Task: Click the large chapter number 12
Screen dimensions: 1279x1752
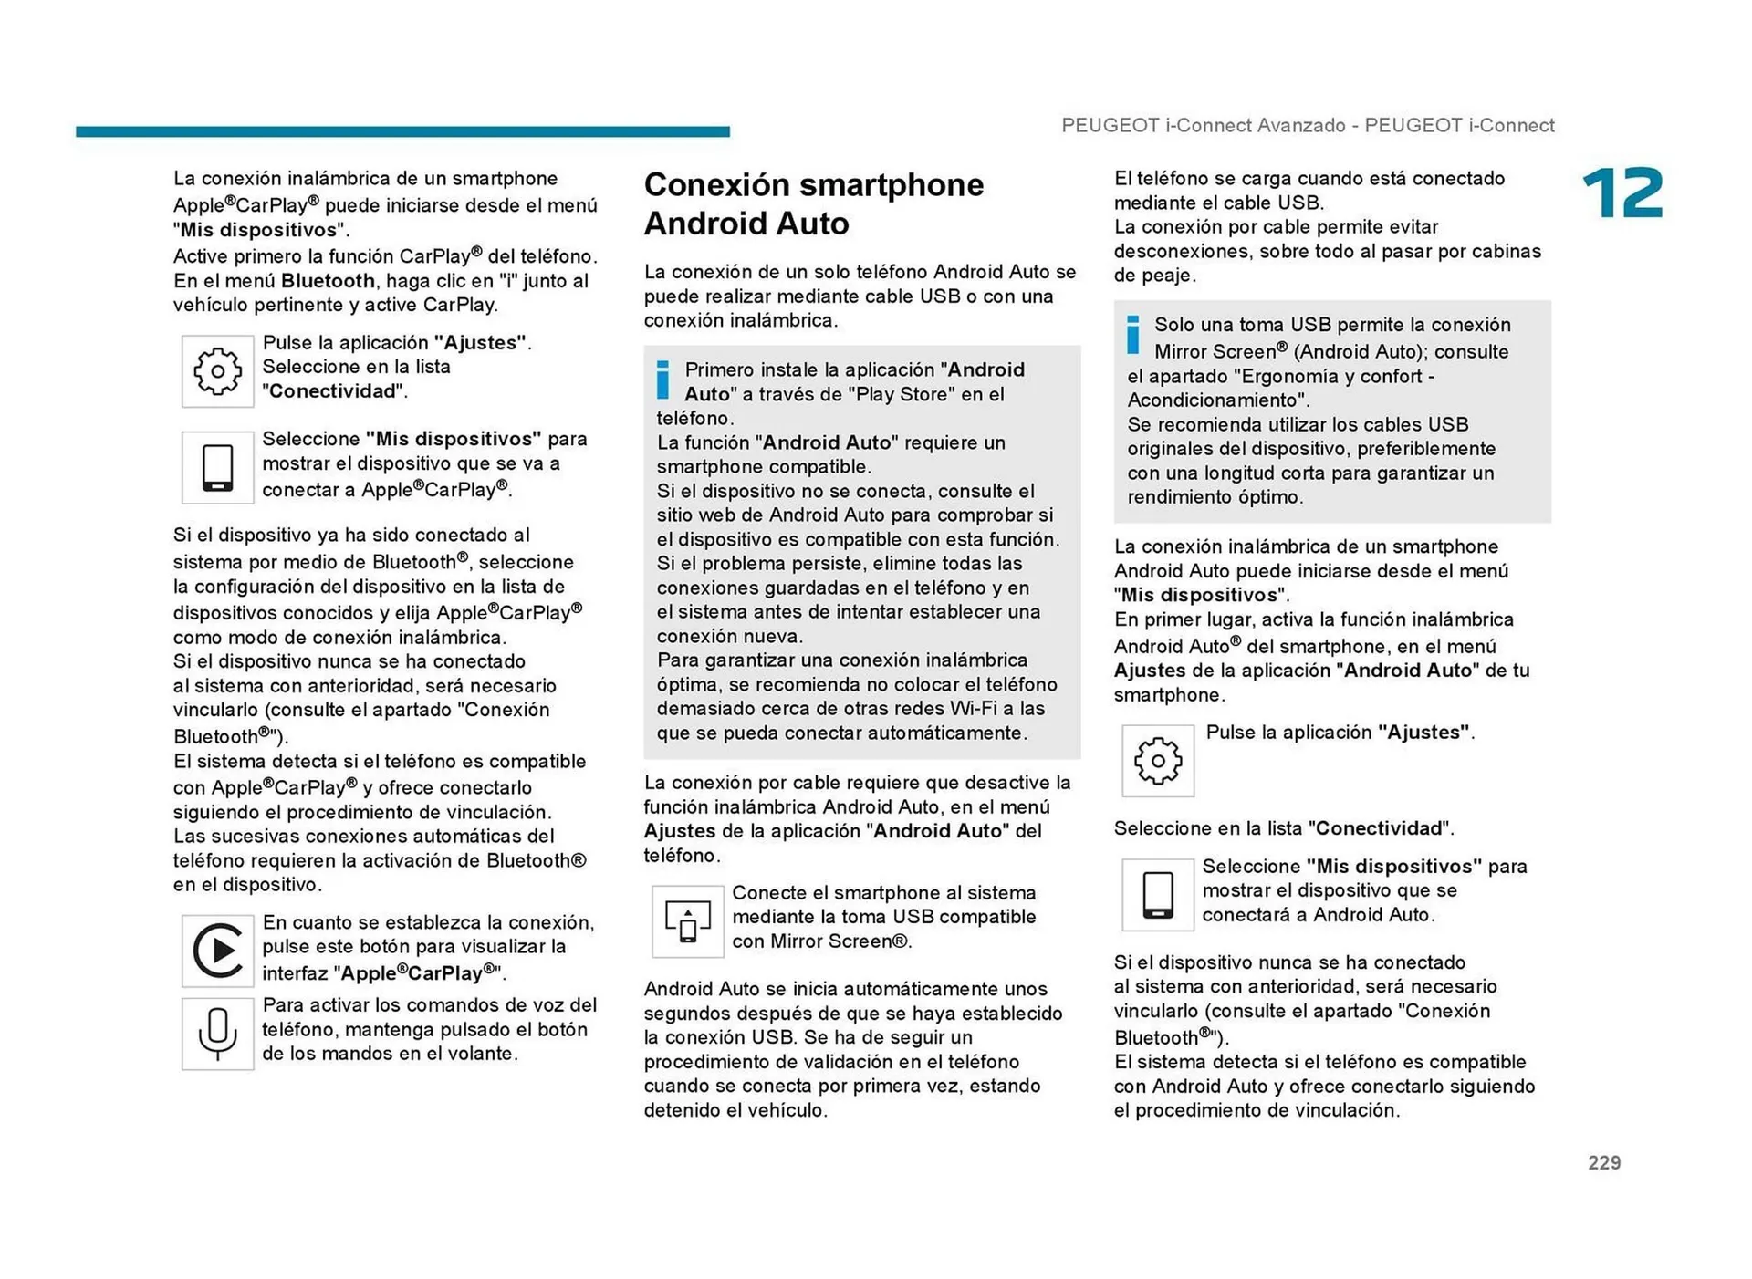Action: (x=1622, y=193)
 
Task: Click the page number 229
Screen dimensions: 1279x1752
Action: (x=1603, y=1162)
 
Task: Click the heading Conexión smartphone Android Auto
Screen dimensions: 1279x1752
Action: (x=813, y=203)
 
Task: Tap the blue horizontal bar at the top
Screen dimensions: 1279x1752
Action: (x=402, y=131)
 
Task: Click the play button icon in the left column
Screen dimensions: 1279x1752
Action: (x=217, y=951)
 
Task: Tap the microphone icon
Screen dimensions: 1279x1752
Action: (x=217, y=1034)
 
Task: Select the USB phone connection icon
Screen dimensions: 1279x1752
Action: (x=687, y=920)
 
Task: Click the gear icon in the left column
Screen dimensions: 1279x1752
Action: (x=217, y=370)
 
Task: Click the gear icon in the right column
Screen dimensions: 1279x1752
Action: (x=1157, y=761)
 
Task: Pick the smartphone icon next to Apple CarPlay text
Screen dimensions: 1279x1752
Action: (x=217, y=467)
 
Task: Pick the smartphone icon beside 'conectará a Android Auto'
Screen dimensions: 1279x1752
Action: (x=1157, y=894)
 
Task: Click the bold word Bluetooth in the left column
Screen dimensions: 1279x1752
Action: (x=328, y=281)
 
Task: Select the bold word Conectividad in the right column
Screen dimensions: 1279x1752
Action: (x=1378, y=828)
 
